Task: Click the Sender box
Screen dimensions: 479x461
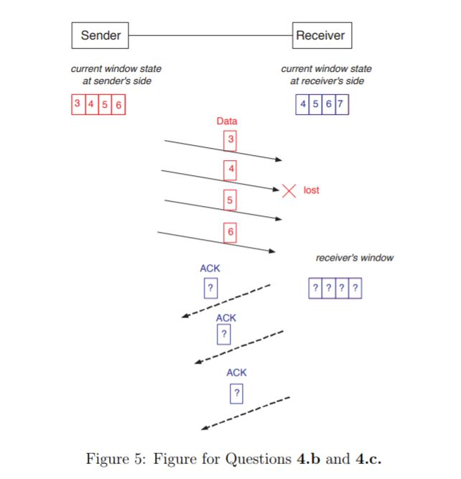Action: tap(100, 34)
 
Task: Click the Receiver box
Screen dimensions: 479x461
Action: tap(322, 34)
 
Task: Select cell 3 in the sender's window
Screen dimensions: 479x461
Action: tap(78, 105)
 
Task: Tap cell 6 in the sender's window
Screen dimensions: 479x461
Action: tap(118, 105)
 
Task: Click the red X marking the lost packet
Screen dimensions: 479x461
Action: tap(289, 190)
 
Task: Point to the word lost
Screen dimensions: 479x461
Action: tap(312, 190)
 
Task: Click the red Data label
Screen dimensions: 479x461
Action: tap(227, 121)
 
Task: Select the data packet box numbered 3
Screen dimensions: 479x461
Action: tap(230, 139)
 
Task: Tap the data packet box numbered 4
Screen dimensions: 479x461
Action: tap(230, 170)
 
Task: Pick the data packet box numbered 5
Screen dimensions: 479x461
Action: tap(230, 201)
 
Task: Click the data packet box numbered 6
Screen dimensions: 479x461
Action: tap(230, 232)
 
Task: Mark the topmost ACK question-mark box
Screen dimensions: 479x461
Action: tap(210, 288)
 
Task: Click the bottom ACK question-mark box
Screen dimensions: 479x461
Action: tap(236, 394)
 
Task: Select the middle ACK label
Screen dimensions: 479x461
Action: tap(226, 317)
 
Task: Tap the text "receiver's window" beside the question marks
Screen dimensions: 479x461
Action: tap(355, 258)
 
